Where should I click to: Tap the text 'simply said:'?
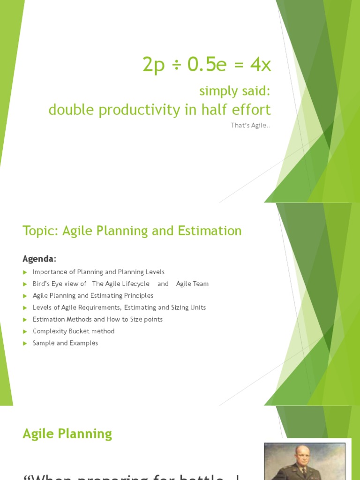[235, 91]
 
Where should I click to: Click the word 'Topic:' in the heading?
[38, 231]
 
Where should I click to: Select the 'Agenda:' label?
[40, 259]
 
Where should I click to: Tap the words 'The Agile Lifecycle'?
[121, 284]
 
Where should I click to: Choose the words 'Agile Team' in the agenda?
[192, 284]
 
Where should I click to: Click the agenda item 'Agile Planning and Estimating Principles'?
[93, 296]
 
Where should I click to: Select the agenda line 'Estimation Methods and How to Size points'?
[97, 319]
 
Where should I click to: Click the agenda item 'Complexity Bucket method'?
[74, 331]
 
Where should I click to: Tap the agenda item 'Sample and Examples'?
[65, 343]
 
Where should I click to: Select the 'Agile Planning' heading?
[67, 434]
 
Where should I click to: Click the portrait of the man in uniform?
[304, 462]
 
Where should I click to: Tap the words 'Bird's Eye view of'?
[60, 284]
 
